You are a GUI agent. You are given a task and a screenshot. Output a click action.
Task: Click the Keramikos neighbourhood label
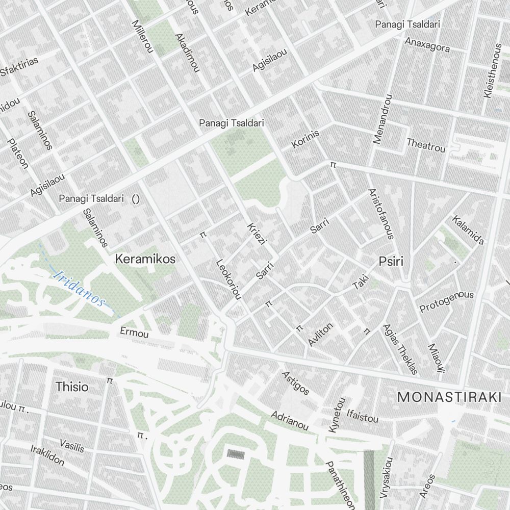click(x=145, y=259)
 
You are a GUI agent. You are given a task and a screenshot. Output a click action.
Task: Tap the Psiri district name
click(x=391, y=262)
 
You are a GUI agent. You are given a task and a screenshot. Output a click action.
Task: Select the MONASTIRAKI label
click(x=449, y=396)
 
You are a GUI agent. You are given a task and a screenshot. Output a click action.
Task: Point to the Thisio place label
click(x=72, y=387)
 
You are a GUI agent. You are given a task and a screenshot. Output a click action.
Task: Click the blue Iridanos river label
click(x=79, y=288)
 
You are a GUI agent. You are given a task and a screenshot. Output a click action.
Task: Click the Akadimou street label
click(x=186, y=53)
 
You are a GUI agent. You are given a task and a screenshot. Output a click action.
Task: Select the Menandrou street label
click(x=382, y=119)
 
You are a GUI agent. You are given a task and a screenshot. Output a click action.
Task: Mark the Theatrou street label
click(x=426, y=145)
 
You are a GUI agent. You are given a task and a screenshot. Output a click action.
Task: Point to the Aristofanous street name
click(x=381, y=214)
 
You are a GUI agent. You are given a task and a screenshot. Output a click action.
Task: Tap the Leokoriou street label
click(x=228, y=279)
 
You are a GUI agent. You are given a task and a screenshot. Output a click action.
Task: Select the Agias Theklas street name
click(x=400, y=349)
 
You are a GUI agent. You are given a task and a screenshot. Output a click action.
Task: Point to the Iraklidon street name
click(x=47, y=455)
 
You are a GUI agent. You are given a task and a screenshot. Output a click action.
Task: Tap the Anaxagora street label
click(x=427, y=45)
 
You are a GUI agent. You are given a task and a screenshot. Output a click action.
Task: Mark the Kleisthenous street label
click(x=493, y=71)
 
